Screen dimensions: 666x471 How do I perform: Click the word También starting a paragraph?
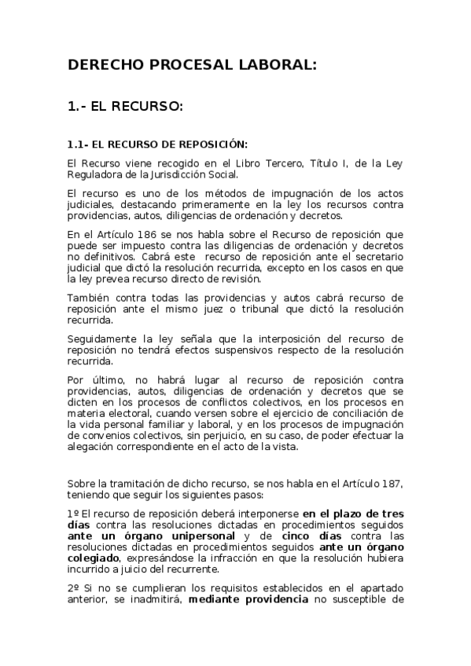(90, 298)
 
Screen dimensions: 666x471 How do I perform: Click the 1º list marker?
(72, 512)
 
